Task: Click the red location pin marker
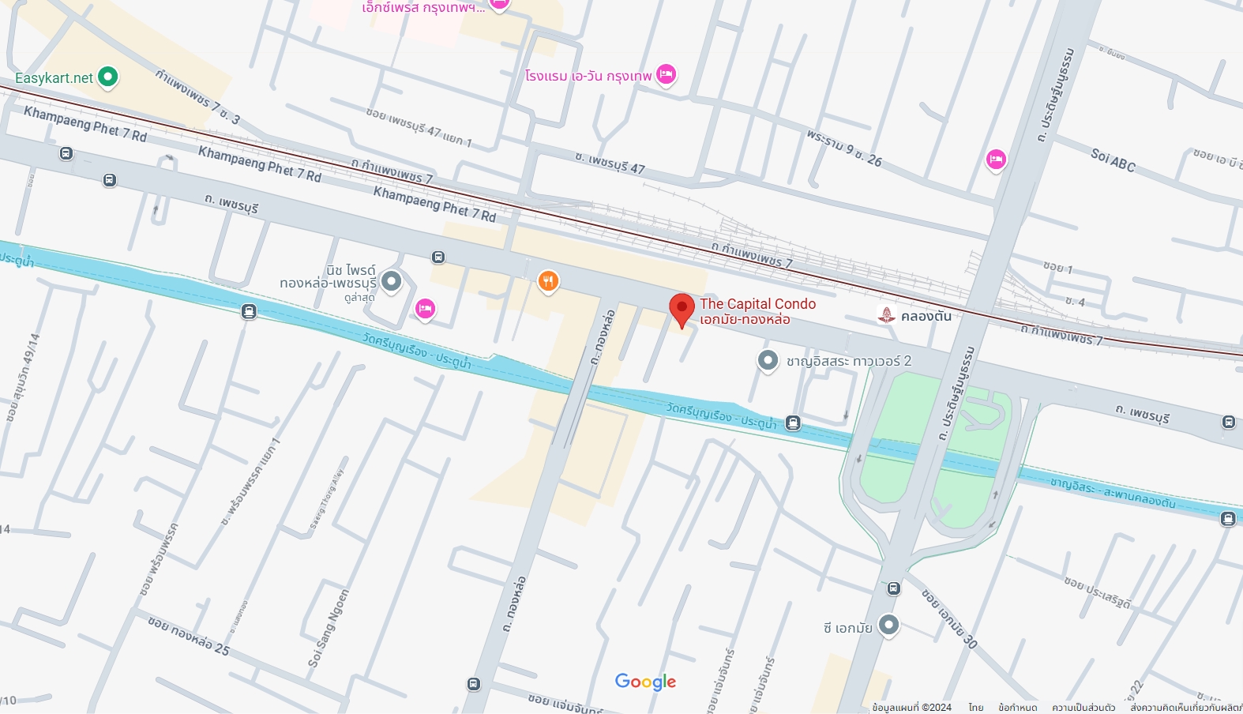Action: (x=682, y=309)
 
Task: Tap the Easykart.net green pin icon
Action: (x=107, y=77)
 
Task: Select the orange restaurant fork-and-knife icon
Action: (x=548, y=280)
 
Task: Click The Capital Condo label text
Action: (x=757, y=304)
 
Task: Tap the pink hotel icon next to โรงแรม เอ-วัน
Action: (x=666, y=74)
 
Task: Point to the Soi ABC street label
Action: (x=1113, y=160)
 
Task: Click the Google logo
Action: (x=645, y=682)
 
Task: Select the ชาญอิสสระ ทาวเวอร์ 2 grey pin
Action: (x=768, y=360)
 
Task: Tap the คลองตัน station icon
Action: (x=887, y=316)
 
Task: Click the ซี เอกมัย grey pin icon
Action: (x=888, y=625)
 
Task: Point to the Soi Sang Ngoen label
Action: (x=329, y=629)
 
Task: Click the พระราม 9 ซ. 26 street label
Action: (x=844, y=148)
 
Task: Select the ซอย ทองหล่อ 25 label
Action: (x=189, y=635)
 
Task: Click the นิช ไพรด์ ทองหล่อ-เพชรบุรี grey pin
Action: (x=391, y=280)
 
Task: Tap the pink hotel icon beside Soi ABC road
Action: (x=996, y=160)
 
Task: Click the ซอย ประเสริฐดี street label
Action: (x=1097, y=592)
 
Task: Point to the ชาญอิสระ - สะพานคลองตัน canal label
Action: (x=1113, y=491)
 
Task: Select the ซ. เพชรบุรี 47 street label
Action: (x=610, y=163)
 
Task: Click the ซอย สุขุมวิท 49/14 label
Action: (x=23, y=378)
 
